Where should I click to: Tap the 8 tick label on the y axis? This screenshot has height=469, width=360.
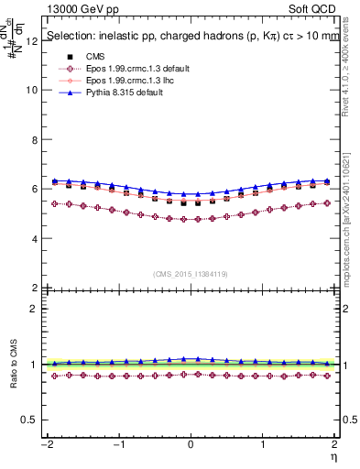(x=33, y=140)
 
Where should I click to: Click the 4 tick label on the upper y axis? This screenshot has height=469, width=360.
(x=33, y=238)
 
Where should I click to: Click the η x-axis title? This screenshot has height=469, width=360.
(x=335, y=455)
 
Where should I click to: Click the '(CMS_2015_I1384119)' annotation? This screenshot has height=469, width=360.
(x=191, y=274)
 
